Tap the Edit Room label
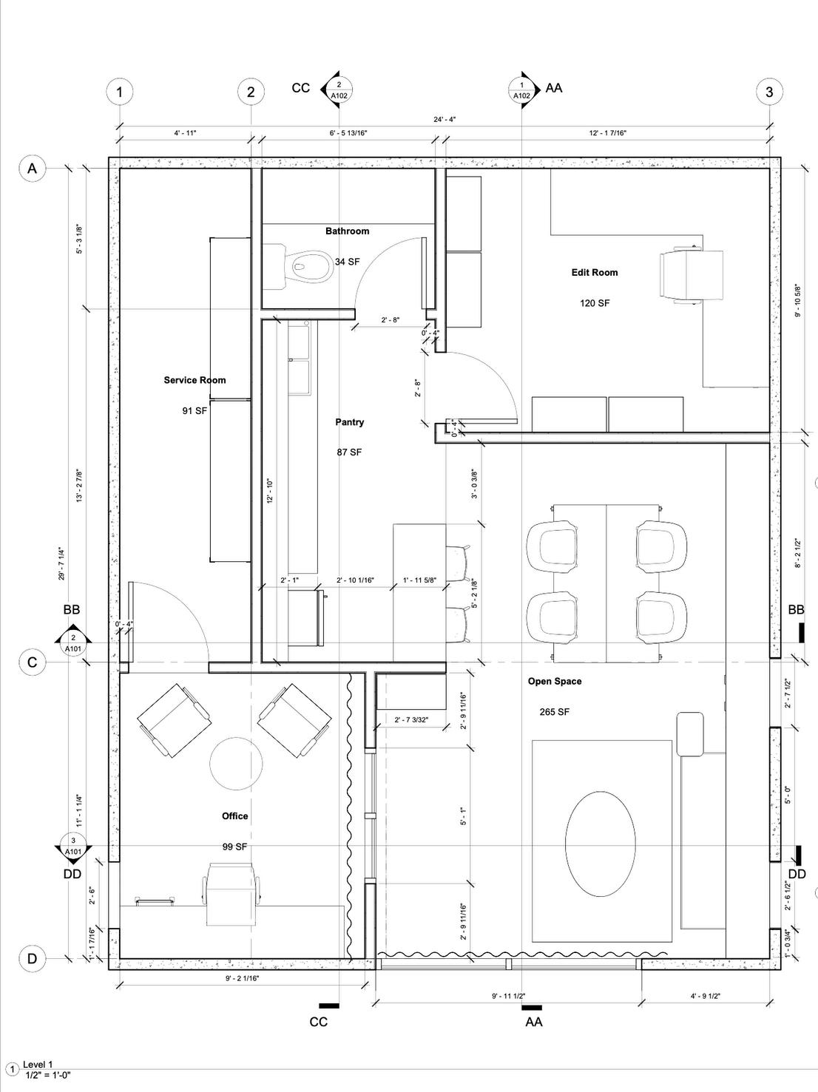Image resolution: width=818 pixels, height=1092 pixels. [595, 273]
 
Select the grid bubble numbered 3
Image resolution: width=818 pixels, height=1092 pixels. [769, 92]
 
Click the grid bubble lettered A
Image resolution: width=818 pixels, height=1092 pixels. [32, 168]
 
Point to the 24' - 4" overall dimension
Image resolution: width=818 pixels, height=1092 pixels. [445, 119]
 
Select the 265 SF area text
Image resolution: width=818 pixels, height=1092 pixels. [554, 712]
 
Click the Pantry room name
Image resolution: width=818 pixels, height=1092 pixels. [349, 422]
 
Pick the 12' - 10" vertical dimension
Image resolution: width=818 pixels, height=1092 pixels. [270, 492]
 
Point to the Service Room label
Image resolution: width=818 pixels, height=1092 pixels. [195, 380]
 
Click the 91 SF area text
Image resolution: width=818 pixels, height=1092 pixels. [195, 411]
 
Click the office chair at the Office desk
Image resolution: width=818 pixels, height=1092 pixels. [232, 894]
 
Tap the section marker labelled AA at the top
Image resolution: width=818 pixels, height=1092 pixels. [522, 90]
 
